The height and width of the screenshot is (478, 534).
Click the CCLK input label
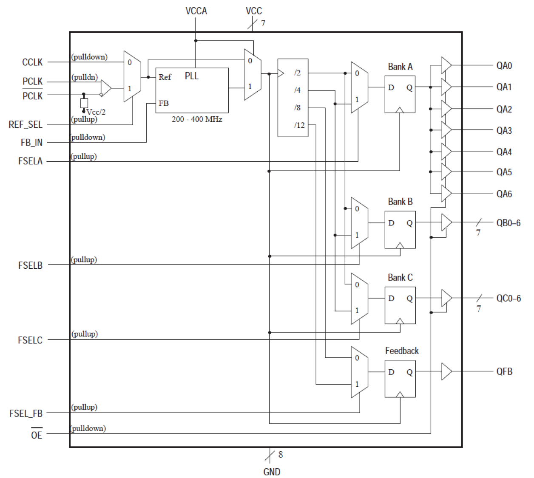pos(32,62)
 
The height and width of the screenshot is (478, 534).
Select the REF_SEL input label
pos(26,125)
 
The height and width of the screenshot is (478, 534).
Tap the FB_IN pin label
pos(31,143)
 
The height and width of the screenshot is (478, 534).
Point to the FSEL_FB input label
pos(26,413)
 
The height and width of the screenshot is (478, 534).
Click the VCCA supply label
pos(196,11)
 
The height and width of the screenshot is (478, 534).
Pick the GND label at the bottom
pos(272,472)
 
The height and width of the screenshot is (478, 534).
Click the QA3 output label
pos(504,131)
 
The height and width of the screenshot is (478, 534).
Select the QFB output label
pos(504,371)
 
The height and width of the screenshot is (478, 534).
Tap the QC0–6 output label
pos(508,298)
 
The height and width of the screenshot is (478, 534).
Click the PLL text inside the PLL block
pos(191,76)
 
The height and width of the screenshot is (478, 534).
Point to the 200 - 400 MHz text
pos(197,119)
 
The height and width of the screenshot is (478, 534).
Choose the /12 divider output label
pos(299,125)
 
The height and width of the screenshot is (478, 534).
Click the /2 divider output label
pos(297,73)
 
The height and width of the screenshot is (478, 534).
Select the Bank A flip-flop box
pos(400,94)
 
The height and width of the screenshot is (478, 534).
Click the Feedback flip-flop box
pos(400,379)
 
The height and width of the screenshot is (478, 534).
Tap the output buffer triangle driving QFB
pos(446,371)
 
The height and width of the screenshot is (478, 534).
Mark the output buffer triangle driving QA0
pos(446,65)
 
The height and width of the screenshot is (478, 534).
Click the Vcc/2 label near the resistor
pos(96,112)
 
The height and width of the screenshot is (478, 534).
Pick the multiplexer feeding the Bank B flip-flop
pos(359,222)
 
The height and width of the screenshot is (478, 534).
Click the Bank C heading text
pos(400,278)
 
